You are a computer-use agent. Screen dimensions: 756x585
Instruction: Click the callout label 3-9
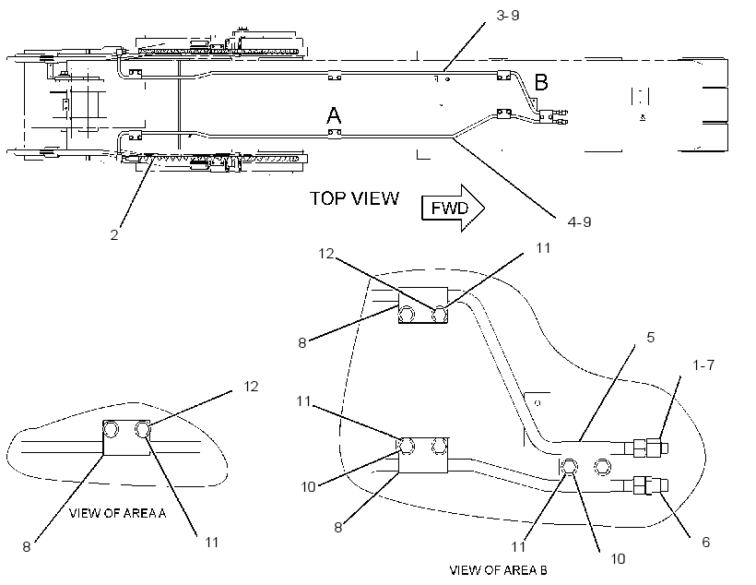click(x=508, y=16)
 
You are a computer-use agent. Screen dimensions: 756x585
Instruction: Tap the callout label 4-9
click(x=579, y=221)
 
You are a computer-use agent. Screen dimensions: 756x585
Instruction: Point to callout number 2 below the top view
click(x=114, y=235)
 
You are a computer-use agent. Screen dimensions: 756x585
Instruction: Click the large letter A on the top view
click(x=334, y=116)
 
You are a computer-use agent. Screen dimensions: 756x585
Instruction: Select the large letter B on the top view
click(x=541, y=82)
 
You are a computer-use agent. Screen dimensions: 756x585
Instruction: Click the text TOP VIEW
click(x=354, y=198)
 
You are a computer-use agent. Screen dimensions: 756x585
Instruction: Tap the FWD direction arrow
click(x=453, y=208)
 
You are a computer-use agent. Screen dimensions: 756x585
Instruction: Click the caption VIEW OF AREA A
click(x=118, y=513)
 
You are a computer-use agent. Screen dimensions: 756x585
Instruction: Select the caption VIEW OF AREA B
click(x=498, y=570)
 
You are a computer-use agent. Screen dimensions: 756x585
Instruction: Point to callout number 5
click(x=650, y=338)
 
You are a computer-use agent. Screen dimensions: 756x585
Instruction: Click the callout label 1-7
click(x=703, y=365)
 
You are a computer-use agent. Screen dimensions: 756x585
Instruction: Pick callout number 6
click(x=706, y=542)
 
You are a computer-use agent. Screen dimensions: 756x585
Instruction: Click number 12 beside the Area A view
click(x=251, y=386)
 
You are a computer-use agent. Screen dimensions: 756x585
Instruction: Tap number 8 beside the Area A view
click(x=27, y=546)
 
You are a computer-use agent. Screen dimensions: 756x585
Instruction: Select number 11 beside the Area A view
click(x=212, y=542)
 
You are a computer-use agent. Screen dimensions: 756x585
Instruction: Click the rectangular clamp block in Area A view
click(x=127, y=437)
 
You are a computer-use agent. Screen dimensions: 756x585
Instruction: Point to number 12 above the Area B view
click(x=326, y=254)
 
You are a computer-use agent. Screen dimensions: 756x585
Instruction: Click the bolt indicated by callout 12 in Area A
click(x=143, y=429)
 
